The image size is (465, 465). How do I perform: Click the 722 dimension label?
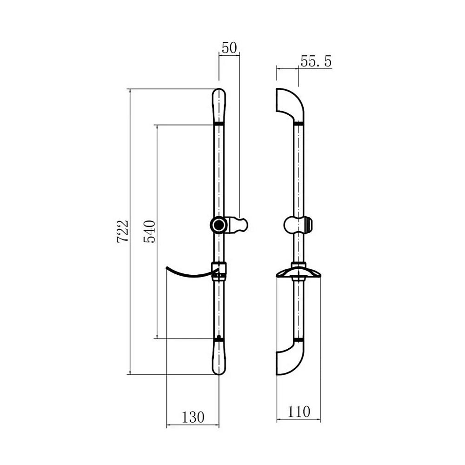point(123,231)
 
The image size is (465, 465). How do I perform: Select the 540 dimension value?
point(149,231)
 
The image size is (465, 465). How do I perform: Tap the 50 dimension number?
point(229,48)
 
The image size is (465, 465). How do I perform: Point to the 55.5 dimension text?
point(316,61)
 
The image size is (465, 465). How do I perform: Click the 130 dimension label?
point(193,418)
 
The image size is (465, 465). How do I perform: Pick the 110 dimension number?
point(299,412)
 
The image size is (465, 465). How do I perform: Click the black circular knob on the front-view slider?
point(219,225)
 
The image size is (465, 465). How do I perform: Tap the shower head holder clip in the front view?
point(238,225)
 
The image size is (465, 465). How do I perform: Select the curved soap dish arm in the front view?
point(190,273)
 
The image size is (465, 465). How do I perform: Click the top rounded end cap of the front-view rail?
point(219,105)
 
